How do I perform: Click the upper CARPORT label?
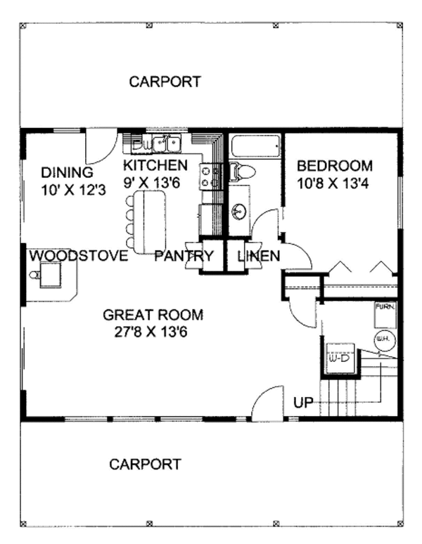[165, 82]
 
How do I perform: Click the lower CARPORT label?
[146, 464]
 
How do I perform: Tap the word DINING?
[68, 172]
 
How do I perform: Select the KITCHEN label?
[155, 166]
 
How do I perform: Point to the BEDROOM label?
[334, 167]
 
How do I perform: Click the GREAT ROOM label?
[153, 314]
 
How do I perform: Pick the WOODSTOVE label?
[78, 255]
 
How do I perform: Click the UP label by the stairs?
[302, 403]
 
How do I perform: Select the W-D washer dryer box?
[339, 358]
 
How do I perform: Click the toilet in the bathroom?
[241, 171]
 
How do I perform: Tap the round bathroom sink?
[239, 209]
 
